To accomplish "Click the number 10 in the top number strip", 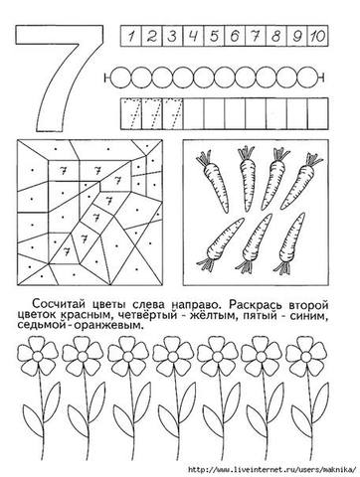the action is click(317, 36).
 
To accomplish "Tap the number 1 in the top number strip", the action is click(131, 36).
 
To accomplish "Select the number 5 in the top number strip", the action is click(214, 36).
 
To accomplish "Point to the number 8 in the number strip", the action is click(275, 36).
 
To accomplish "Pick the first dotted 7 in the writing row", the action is click(131, 113).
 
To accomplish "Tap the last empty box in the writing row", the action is click(317, 113).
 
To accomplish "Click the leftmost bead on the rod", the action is click(120, 78).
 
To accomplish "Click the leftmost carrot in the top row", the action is click(213, 182).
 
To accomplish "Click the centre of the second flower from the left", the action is click(82, 357).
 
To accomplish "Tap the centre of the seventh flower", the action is click(305, 357).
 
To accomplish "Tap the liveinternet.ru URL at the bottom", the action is click(271, 469).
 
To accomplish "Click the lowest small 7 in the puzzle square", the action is click(68, 250).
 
